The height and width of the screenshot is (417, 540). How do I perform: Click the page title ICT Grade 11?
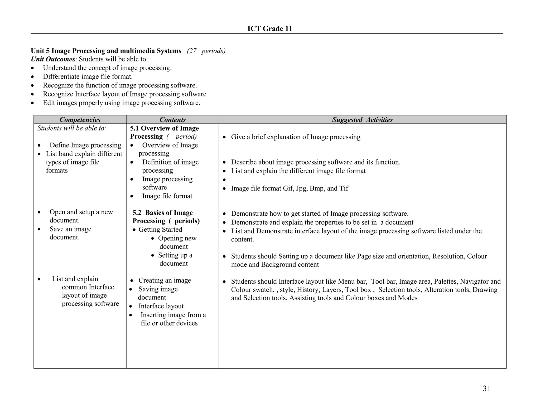tap(270, 28)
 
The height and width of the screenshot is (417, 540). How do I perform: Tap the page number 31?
tap(486, 388)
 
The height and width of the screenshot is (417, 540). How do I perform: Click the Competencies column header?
tap(80, 120)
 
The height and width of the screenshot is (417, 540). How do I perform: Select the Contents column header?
tap(172, 120)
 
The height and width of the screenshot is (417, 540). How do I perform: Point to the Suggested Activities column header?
tap(362, 120)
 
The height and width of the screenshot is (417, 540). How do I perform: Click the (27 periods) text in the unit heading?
tap(206, 51)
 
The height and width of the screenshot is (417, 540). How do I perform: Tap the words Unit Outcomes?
tap(53, 59)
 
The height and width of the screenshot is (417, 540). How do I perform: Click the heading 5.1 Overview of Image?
tap(164, 128)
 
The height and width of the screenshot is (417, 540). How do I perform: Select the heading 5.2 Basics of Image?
tap(163, 212)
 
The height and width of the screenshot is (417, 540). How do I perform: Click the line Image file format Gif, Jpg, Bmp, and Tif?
tap(290, 188)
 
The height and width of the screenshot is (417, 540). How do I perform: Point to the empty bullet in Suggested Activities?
tap(224, 180)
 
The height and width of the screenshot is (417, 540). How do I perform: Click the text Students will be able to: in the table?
tap(72, 128)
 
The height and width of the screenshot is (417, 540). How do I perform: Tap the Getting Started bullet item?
tap(160, 229)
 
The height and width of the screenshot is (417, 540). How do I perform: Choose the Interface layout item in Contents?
tap(161, 306)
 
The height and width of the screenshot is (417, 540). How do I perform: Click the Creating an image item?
tap(165, 280)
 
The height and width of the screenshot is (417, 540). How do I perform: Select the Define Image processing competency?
tap(85, 145)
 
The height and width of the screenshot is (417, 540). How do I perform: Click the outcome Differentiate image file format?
tap(88, 76)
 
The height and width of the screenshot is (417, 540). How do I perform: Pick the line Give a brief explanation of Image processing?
tap(295, 137)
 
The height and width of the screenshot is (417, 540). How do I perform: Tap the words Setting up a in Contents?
tap(175, 255)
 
